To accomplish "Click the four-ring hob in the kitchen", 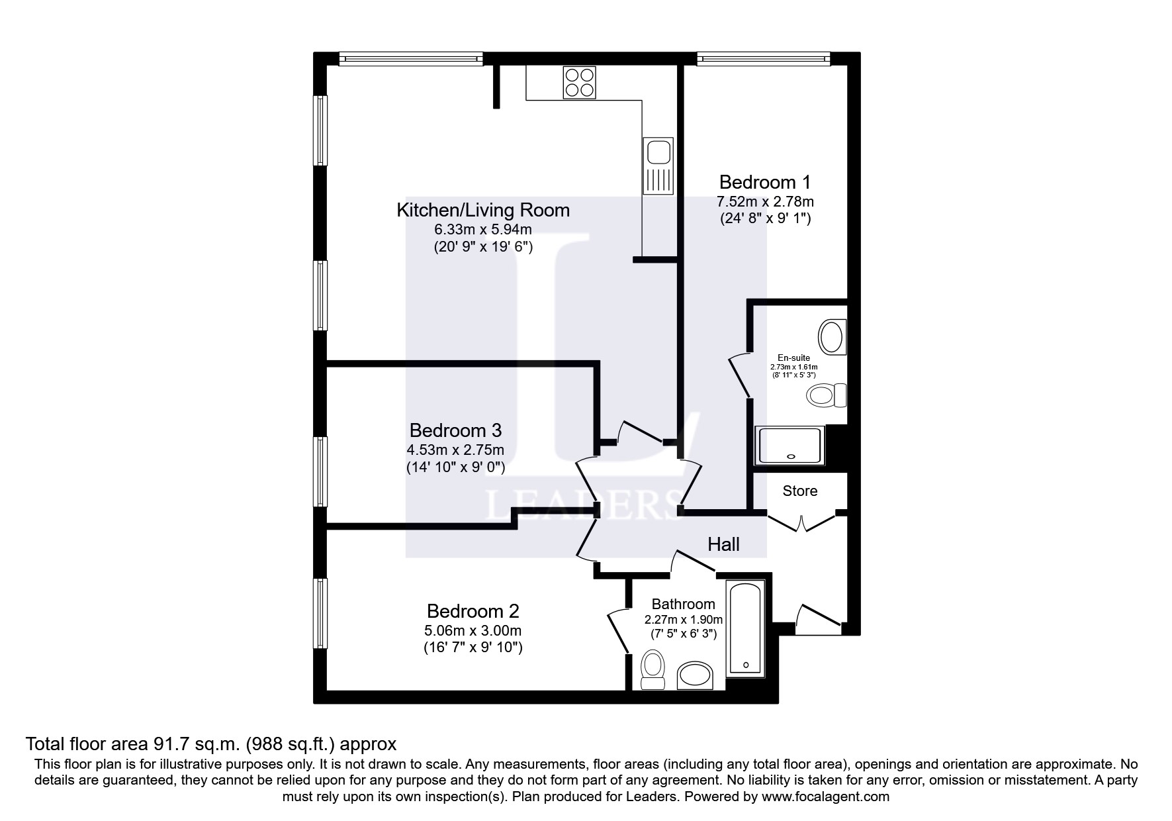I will [x=579, y=83].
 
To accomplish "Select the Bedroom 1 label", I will [x=764, y=181].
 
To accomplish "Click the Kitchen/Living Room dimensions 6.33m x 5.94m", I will [x=482, y=230].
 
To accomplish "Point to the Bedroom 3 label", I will [x=455, y=430].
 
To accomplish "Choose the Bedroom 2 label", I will [x=473, y=610].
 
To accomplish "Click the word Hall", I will [x=723, y=545].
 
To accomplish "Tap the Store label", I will [x=799, y=491].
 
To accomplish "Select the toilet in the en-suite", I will [x=827, y=396].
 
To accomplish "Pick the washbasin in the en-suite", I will [x=831, y=336].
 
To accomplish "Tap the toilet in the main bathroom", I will [x=653, y=669].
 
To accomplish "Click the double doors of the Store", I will [x=801, y=523].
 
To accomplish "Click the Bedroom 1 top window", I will [x=763, y=60].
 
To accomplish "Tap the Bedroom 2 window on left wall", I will [x=321, y=615].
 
